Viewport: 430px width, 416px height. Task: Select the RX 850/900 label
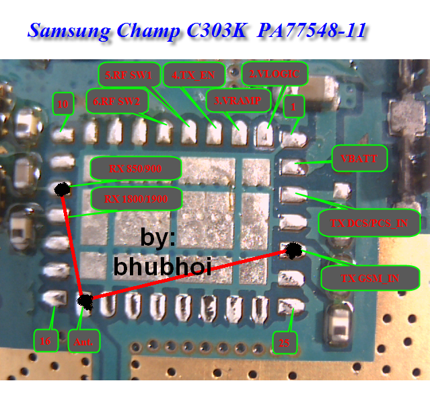click(x=135, y=168)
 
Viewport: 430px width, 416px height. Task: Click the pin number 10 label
click(x=63, y=104)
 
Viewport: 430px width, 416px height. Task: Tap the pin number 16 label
click(x=45, y=341)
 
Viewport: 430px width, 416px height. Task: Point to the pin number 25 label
click(x=284, y=343)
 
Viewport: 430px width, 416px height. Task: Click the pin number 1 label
click(x=294, y=106)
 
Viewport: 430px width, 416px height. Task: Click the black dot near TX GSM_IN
click(x=293, y=251)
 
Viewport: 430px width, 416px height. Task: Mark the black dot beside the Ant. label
click(x=85, y=302)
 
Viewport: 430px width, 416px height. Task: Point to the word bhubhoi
click(x=163, y=267)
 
